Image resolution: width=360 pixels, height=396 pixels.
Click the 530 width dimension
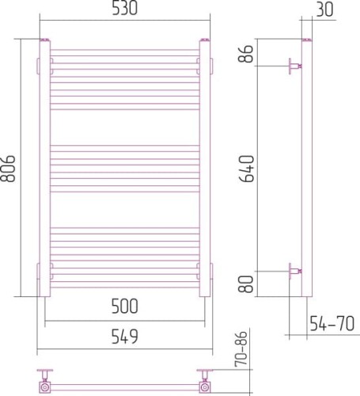point(125,10)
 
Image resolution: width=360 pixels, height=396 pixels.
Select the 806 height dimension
point(11,167)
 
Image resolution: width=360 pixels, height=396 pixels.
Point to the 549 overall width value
point(125,337)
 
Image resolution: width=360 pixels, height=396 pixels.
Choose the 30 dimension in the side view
point(323,10)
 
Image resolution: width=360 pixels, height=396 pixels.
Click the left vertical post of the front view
point(44,168)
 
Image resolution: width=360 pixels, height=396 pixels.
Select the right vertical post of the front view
point(205,168)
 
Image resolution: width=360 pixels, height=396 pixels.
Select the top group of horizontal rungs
point(125,79)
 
